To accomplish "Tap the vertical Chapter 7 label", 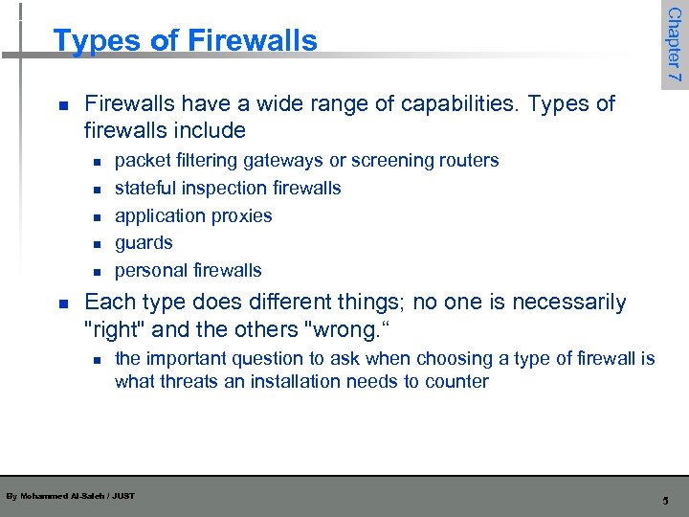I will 674,44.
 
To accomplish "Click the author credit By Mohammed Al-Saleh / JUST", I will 70,496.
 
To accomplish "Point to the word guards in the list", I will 144,243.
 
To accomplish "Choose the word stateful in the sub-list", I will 144,188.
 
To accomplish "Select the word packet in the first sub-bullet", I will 141,160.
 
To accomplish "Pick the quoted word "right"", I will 116,329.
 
